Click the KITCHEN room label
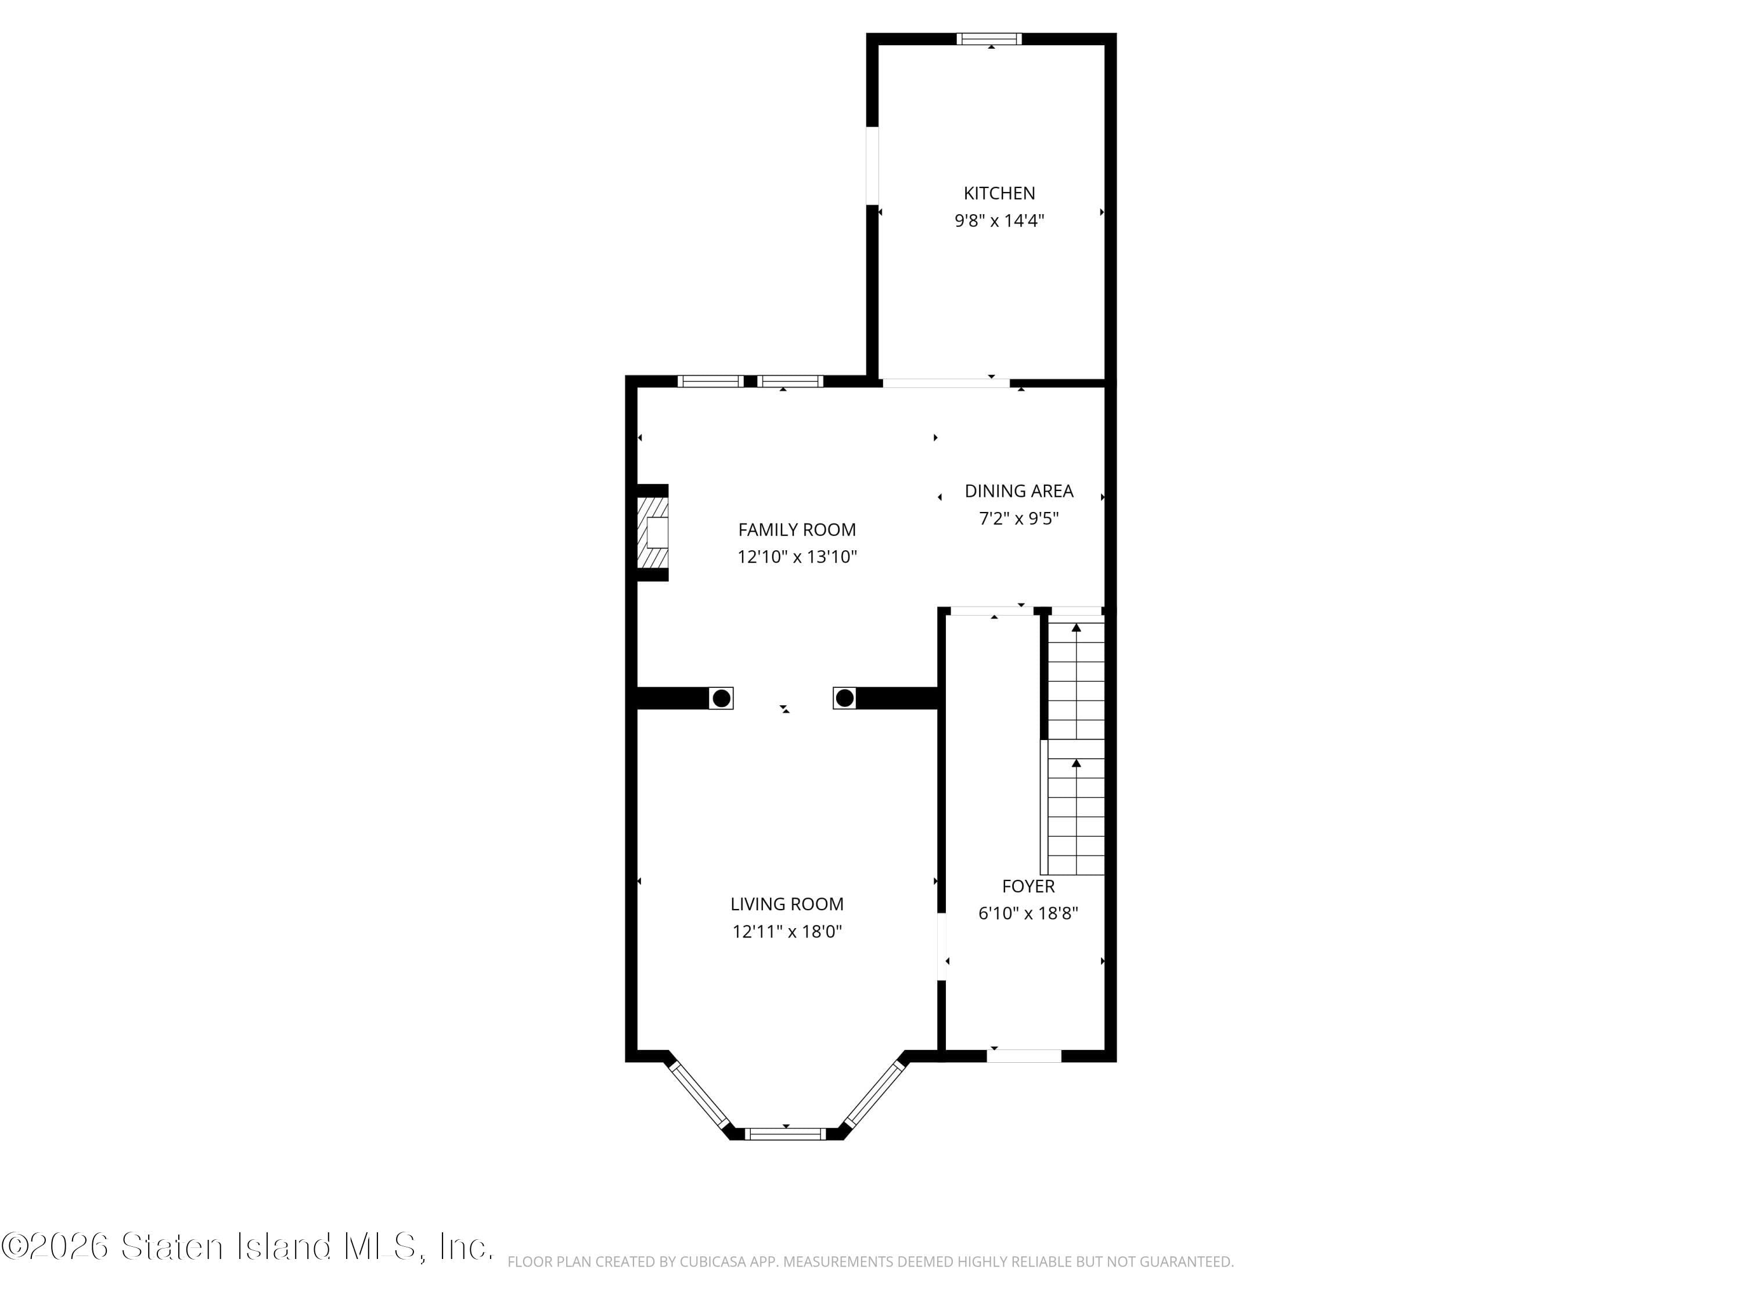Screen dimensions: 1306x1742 (999, 193)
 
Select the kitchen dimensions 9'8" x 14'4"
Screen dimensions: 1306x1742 (999, 221)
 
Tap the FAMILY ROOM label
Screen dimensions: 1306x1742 (796, 530)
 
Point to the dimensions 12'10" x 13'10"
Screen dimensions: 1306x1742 (796, 557)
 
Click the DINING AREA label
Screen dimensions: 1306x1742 (1018, 491)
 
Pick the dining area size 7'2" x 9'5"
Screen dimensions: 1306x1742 (1018, 518)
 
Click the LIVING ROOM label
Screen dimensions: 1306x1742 (786, 904)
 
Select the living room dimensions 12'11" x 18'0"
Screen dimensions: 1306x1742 (786, 931)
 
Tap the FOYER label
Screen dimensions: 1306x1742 (1028, 886)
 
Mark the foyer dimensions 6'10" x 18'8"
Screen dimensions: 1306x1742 (1028, 913)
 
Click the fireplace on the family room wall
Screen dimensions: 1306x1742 (653, 532)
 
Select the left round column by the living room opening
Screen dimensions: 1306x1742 (721, 698)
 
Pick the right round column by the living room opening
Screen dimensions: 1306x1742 (844, 698)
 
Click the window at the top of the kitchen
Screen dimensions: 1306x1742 (989, 38)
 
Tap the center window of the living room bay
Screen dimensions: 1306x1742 (784, 1134)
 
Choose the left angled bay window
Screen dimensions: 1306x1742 (698, 1094)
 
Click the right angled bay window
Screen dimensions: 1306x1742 (874, 1094)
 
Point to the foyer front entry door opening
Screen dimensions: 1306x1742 (1024, 1056)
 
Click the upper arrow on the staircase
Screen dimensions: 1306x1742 (1076, 628)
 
